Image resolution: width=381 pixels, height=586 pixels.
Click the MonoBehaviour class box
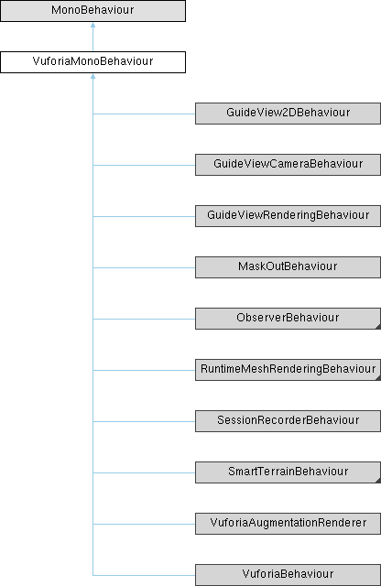(93, 11)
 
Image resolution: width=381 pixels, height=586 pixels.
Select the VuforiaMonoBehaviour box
(93, 62)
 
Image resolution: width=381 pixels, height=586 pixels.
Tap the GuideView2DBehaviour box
(288, 114)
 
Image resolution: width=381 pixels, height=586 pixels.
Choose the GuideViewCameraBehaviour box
(288, 165)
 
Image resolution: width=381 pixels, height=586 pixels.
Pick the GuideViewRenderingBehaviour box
(288, 216)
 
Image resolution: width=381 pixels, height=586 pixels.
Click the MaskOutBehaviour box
(288, 267)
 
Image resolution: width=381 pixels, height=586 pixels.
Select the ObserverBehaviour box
(288, 319)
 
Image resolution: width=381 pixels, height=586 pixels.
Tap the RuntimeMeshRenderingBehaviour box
(288, 370)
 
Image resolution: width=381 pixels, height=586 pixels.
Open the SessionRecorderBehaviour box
(288, 421)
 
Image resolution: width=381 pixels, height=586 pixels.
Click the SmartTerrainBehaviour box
(288, 472)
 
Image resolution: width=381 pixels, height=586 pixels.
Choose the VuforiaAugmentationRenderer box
(288, 524)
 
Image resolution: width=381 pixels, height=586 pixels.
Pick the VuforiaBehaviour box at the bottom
(288, 575)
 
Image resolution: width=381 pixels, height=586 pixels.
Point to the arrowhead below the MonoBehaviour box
(93, 25)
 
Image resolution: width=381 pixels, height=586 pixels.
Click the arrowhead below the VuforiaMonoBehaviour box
(93, 76)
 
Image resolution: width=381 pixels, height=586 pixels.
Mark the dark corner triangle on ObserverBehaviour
(378, 327)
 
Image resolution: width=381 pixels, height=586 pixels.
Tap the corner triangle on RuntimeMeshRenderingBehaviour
(378, 378)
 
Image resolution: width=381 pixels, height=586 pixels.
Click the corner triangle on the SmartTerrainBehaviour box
(378, 481)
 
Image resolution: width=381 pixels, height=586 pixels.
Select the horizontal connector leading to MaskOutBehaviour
(144, 267)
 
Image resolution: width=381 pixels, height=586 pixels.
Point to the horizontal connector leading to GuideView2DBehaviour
(144, 114)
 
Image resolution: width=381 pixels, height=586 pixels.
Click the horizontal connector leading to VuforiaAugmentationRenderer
(144, 524)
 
